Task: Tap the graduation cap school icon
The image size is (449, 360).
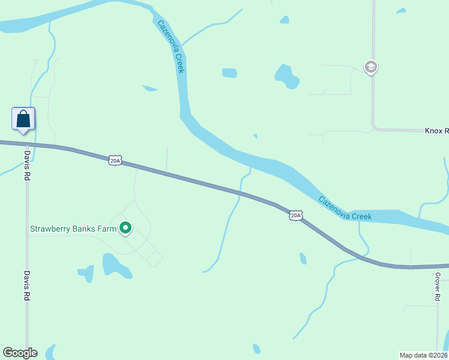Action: click(x=371, y=67)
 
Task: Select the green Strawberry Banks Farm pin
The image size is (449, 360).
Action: click(x=125, y=228)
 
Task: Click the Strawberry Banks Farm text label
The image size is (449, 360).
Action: click(x=73, y=229)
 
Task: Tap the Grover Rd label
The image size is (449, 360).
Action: click(x=438, y=287)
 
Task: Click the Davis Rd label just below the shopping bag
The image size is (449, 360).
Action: click(x=27, y=166)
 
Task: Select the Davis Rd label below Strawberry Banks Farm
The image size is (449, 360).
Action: click(x=27, y=284)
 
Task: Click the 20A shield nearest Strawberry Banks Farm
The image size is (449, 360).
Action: click(x=116, y=160)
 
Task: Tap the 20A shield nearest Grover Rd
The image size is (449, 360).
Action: click(x=295, y=215)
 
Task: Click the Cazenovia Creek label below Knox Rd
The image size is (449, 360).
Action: click(x=345, y=208)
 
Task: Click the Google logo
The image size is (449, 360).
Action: click(x=20, y=353)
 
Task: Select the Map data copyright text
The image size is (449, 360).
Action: click(x=424, y=355)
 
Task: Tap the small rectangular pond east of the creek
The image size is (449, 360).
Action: click(x=229, y=73)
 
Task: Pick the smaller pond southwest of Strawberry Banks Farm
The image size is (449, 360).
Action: click(x=86, y=273)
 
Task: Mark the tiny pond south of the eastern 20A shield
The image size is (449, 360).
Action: click(x=303, y=259)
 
